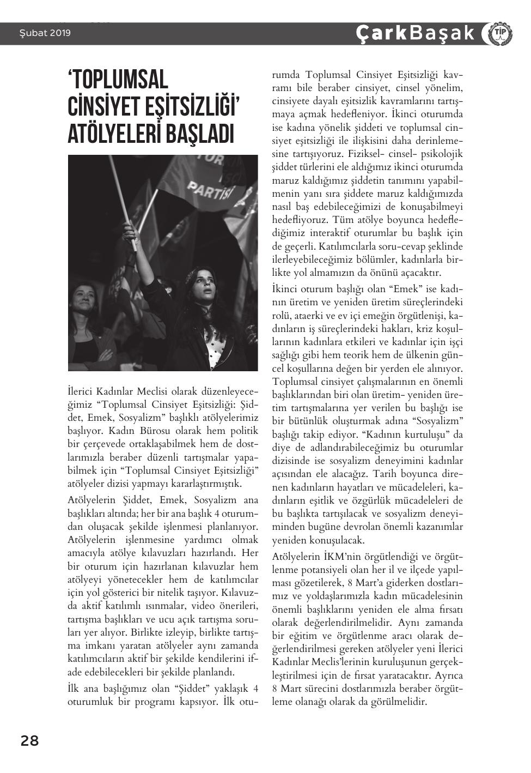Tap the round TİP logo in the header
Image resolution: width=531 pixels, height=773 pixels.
pyautogui.click(x=498, y=33)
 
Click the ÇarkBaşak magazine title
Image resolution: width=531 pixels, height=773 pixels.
pyautogui.click(x=415, y=33)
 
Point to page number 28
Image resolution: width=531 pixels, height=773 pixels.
pyautogui.click(x=30, y=741)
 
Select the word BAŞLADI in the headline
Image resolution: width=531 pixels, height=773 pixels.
pyautogui.click(x=201, y=134)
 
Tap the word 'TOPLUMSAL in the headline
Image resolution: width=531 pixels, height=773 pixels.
pyautogui.click(x=118, y=80)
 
